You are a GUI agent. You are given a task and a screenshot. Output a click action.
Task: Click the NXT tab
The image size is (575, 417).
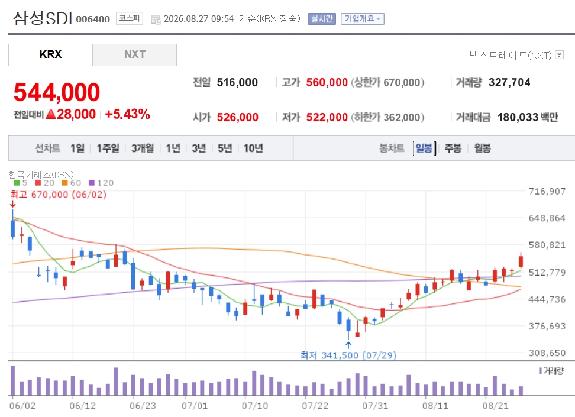(x=135, y=54)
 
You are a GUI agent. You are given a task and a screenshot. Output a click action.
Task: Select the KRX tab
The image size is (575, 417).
(x=51, y=54)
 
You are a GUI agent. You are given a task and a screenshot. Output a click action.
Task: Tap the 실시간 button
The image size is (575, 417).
(x=322, y=19)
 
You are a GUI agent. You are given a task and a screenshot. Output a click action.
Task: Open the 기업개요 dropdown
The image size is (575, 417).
(x=362, y=19)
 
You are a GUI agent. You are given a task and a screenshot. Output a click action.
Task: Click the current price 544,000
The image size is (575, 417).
(x=57, y=92)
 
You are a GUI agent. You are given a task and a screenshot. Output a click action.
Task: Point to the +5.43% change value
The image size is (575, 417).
(x=127, y=114)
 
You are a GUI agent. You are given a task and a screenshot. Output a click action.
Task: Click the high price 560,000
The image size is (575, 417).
(x=327, y=83)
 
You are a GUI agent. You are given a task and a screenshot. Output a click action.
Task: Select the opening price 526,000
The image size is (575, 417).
(x=238, y=117)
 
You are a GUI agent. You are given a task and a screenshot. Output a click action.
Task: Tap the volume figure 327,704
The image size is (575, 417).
(x=509, y=83)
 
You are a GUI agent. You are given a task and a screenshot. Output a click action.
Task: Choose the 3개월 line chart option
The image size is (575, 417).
(x=143, y=148)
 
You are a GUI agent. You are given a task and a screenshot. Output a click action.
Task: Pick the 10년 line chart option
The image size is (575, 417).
(x=253, y=148)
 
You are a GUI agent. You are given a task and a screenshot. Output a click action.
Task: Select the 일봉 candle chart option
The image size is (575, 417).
(x=424, y=148)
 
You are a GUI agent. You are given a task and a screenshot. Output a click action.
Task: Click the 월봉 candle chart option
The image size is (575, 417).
(x=482, y=148)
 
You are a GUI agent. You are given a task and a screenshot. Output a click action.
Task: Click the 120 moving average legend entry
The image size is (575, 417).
(x=101, y=183)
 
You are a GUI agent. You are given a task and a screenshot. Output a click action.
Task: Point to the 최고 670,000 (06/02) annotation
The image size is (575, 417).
(x=59, y=195)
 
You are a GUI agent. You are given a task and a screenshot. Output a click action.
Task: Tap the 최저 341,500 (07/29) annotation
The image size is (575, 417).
(x=348, y=355)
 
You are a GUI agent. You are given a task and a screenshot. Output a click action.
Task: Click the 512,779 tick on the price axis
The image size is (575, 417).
(x=547, y=273)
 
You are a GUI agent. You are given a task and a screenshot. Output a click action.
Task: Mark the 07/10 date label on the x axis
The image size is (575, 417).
(x=255, y=406)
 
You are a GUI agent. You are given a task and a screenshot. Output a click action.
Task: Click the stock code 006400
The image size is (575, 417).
(x=93, y=19)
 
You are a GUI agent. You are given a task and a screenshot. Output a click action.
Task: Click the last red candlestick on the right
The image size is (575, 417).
(x=521, y=261)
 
